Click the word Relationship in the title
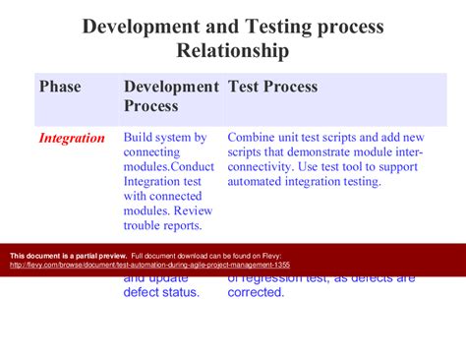tap(233, 49)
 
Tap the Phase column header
tap(60, 88)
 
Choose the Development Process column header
tap(171, 96)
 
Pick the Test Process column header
tap(273, 88)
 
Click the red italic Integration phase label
tap(72, 139)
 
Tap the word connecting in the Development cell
tap(155, 152)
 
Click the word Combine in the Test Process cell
tap(255, 139)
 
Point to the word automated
tap(260, 182)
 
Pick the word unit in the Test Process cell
tap(299, 139)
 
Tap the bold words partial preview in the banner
tap(98, 254)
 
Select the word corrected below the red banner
tap(256, 292)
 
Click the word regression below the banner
tap(285, 277)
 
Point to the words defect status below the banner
tap(161, 292)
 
